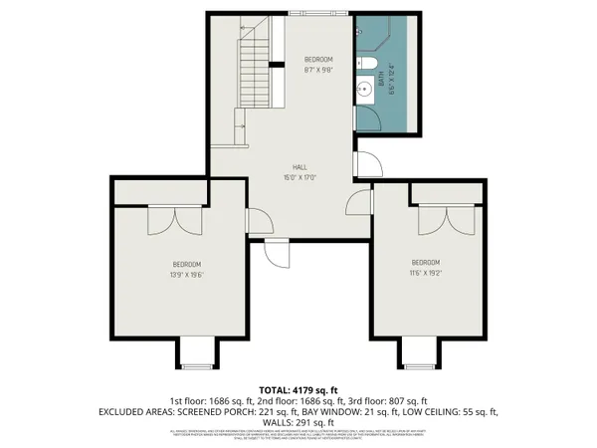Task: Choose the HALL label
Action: [298, 167]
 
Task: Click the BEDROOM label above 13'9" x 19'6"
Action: [187, 263]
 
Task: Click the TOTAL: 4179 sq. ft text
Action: [298, 389]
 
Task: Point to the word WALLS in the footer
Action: [264, 421]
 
